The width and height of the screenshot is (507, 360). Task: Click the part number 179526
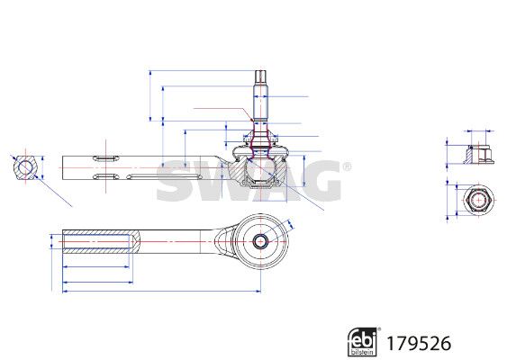(419, 343)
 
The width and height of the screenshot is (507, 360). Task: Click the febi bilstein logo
(362, 342)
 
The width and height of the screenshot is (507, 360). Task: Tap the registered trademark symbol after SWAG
(347, 166)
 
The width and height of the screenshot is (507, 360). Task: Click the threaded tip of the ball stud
(260, 78)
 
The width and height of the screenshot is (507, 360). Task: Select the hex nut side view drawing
(480, 155)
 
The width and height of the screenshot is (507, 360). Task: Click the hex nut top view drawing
(478, 201)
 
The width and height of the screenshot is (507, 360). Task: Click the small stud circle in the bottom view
(260, 241)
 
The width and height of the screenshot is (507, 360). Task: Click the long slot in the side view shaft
(164, 176)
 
